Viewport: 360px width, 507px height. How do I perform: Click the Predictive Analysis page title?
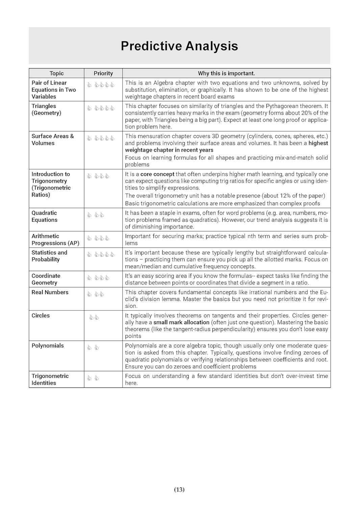click(179, 46)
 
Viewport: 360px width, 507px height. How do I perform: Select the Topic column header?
click(56, 73)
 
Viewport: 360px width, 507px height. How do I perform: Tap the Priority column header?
click(103, 73)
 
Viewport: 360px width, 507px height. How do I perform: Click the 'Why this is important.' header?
click(226, 73)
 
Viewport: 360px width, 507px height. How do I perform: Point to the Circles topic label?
click(41, 315)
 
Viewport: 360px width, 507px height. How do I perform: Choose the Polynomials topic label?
click(48, 345)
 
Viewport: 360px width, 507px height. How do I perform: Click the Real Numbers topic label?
click(50, 292)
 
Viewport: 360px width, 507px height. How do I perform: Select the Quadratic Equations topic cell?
click(45, 216)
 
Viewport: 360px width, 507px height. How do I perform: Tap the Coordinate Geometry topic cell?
click(46, 279)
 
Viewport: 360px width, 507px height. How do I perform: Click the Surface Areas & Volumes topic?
click(53, 140)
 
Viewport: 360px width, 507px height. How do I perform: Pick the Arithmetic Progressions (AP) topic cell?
click(55, 240)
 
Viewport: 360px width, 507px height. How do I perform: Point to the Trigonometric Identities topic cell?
click(50, 379)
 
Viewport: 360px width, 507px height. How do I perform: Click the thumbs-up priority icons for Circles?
click(94, 317)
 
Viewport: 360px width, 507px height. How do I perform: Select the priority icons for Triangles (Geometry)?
click(101, 108)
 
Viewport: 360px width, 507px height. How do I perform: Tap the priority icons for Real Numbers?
click(96, 294)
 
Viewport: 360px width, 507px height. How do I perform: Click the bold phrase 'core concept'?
click(157, 174)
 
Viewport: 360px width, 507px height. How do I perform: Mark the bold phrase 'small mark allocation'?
click(181, 322)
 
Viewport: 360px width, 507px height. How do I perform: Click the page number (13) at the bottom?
click(179, 489)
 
